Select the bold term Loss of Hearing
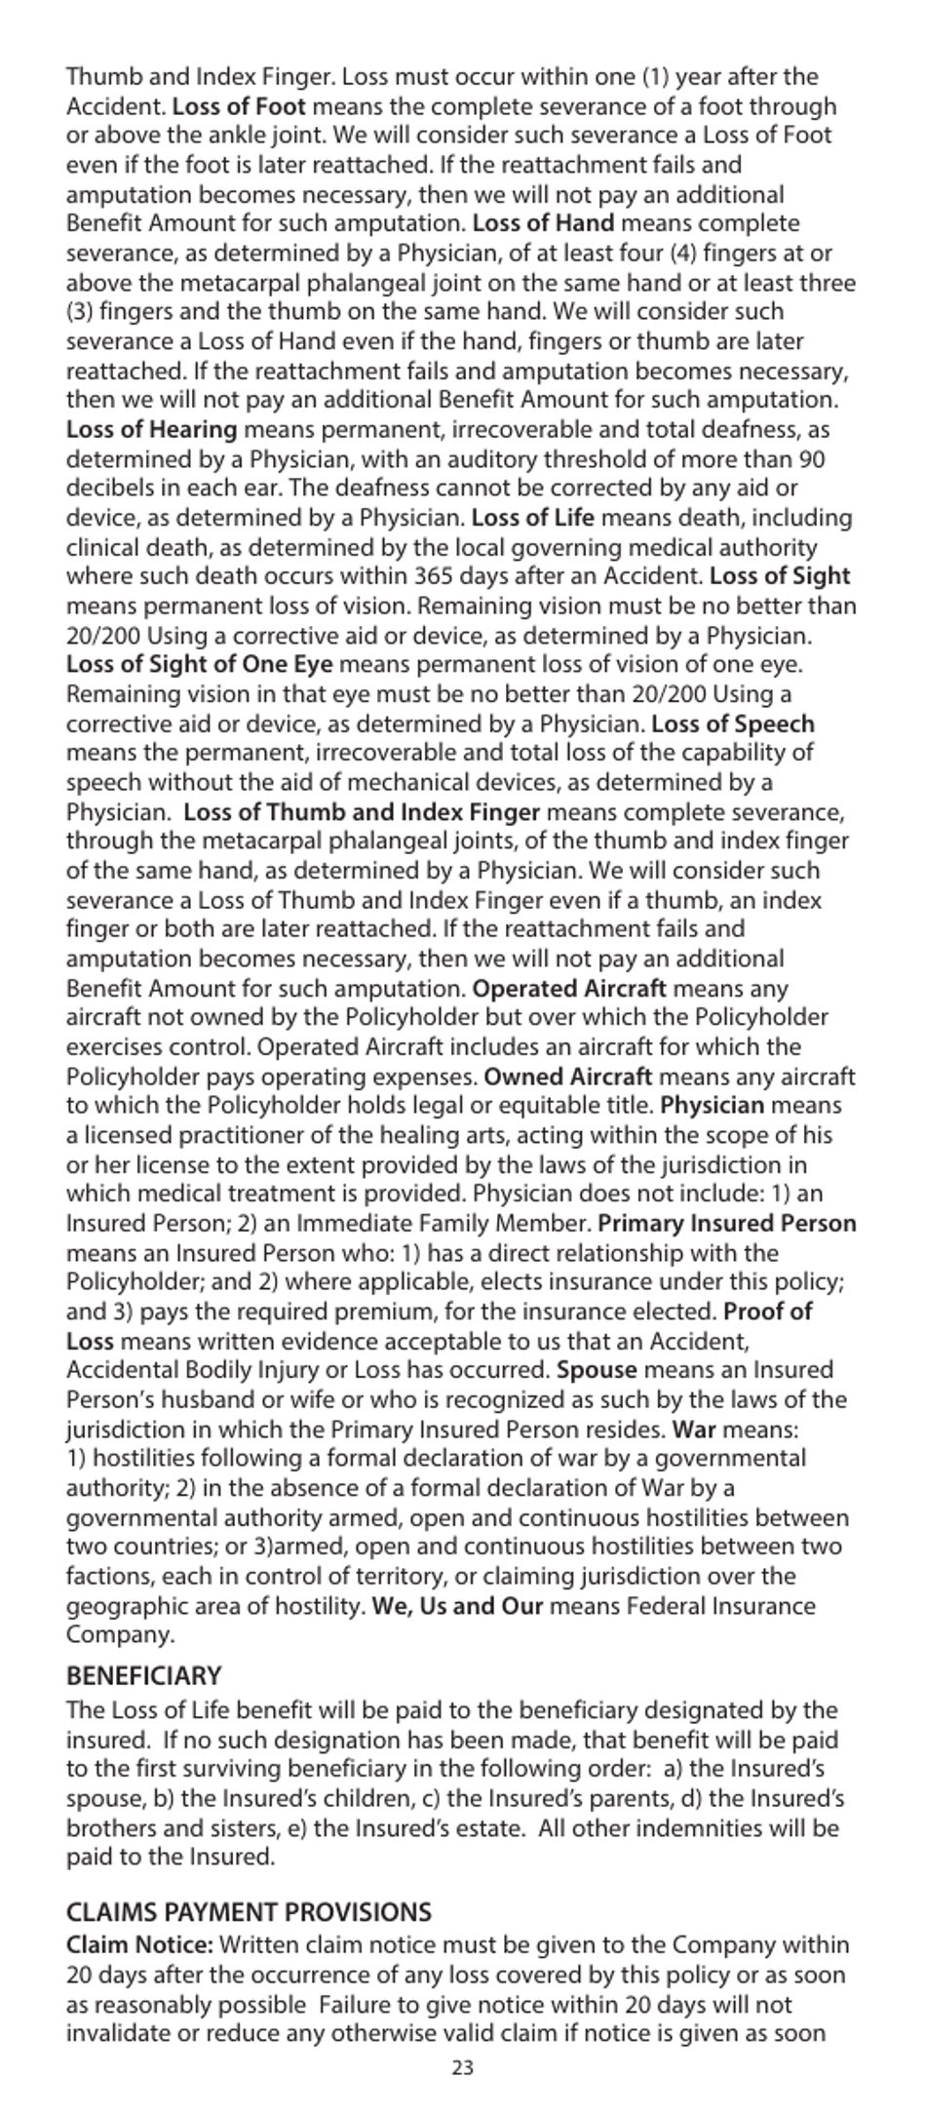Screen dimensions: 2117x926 [152, 430]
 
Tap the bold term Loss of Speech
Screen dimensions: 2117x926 [733, 725]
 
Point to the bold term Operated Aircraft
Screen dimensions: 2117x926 [570, 989]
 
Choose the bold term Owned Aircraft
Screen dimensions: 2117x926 [568, 1078]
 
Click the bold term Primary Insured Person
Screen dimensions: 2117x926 [727, 1225]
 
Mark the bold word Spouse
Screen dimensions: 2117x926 [597, 1371]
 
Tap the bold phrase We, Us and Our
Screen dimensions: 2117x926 [457, 1607]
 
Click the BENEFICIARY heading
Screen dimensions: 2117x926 [144, 1676]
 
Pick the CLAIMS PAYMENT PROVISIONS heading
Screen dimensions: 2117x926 [249, 1911]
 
